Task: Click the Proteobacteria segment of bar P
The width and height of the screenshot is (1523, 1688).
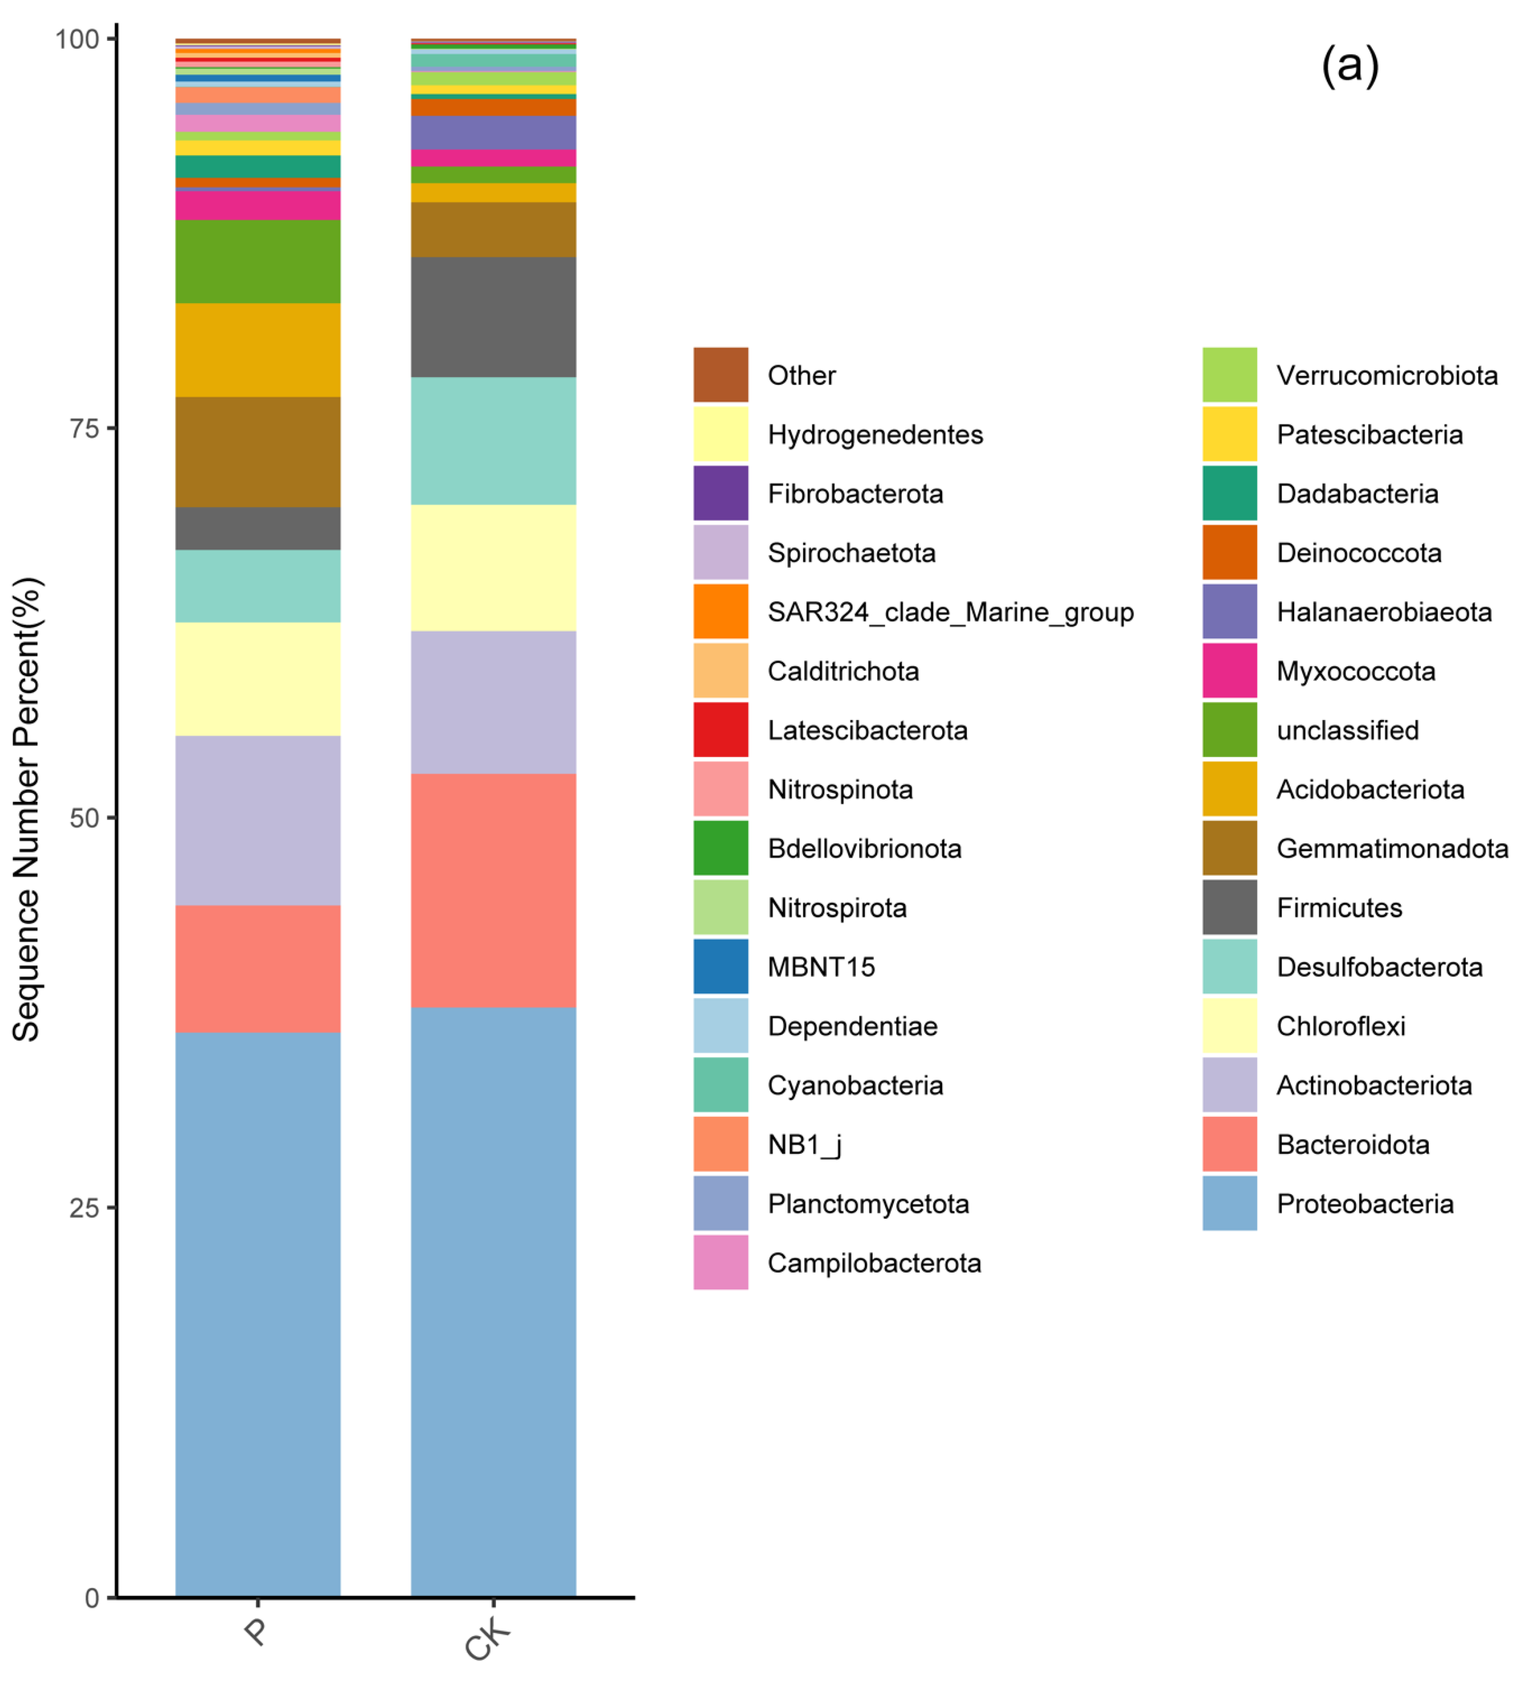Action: pyautogui.click(x=258, y=1313)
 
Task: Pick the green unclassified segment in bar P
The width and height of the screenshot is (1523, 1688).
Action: pyautogui.click(x=258, y=261)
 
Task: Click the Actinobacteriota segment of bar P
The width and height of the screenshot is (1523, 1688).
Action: pyautogui.click(x=258, y=820)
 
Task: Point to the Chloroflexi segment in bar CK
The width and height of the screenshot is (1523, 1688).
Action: pyautogui.click(x=493, y=567)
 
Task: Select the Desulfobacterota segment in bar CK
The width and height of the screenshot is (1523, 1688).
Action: pyautogui.click(x=493, y=441)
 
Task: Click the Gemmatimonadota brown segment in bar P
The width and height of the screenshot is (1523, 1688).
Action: pyautogui.click(x=258, y=452)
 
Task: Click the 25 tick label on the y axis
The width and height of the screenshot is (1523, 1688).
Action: pyautogui.click(x=84, y=1208)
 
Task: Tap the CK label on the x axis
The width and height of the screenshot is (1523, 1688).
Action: pyautogui.click(x=487, y=1638)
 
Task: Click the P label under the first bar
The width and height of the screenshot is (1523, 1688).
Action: pyautogui.click(x=256, y=1631)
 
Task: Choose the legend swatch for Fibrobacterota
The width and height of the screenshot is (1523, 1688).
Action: pyautogui.click(x=720, y=493)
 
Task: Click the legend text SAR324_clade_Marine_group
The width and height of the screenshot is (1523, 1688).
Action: pyautogui.click(x=950, y=612)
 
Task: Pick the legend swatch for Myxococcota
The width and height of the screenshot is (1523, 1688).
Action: pyautogui.click(x=1229, y=671)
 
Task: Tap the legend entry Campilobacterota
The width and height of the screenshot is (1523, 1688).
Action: pyautogui.click(x=874, y=1263)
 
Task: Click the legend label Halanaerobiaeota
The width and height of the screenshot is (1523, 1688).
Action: pyautogui.click(x=1383, y=612)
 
